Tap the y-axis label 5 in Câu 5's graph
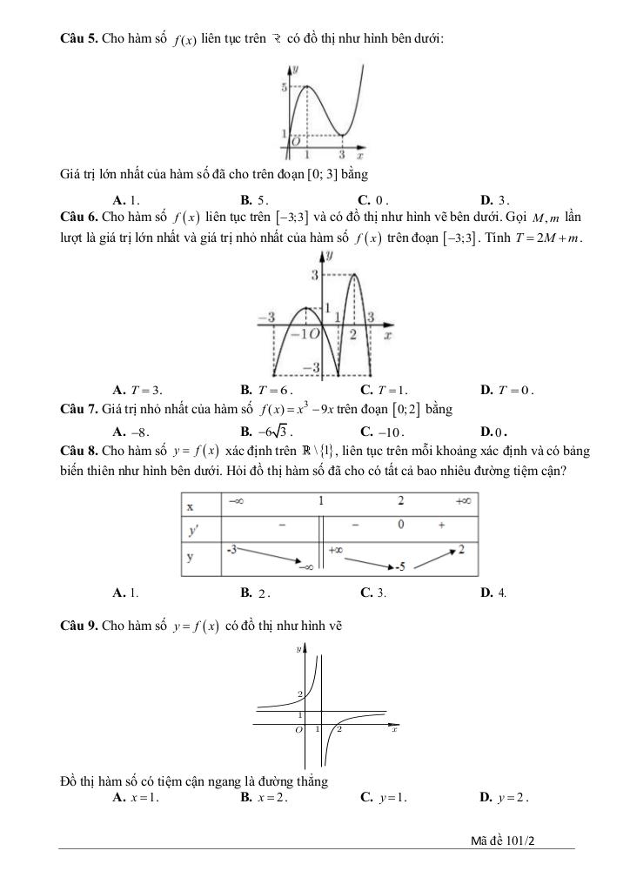coord(284,88)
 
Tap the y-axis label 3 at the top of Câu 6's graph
coord(315,275)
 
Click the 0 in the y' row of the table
coord(401,526)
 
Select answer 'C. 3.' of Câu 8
coord(374,593)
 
